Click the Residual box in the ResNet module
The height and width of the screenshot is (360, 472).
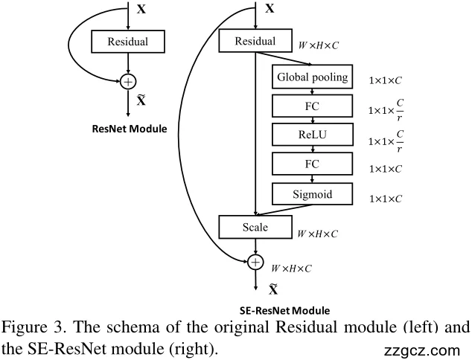pyautogui.click(x=128, y=42)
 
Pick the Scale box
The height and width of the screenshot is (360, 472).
pyautogui.click(x=255, y=227)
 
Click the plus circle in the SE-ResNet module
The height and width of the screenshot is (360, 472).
pyautogui.click(x=255, y=262)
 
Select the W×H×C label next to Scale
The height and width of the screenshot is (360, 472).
pyautogui.click(x=318, y=234)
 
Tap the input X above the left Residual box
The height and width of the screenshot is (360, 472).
pyautogui.click(x=142, y=11)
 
